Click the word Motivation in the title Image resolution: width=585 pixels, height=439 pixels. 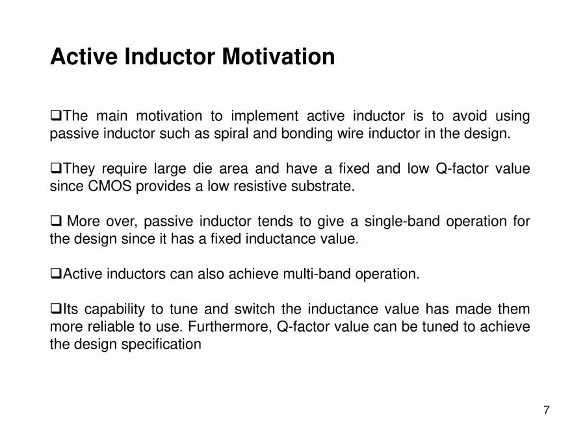tap(278, 57)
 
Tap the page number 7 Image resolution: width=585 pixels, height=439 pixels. tap(546, 410)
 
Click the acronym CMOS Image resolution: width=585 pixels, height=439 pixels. tap(110, 186)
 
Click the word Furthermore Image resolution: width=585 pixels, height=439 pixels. tap(230, 326)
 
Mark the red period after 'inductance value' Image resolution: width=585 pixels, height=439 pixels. tap(357, 243)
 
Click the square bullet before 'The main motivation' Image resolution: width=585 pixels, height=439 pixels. tap(56, 115)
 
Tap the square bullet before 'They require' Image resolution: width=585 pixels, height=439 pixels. tap(56, 168)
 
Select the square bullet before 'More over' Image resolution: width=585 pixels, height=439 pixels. tap(56, 220)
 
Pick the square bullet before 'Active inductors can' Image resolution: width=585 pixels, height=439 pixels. tap(56, 273)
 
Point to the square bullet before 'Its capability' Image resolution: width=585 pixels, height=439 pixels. tap(56, 308)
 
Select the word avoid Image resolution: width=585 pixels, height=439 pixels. tap(469, 116)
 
